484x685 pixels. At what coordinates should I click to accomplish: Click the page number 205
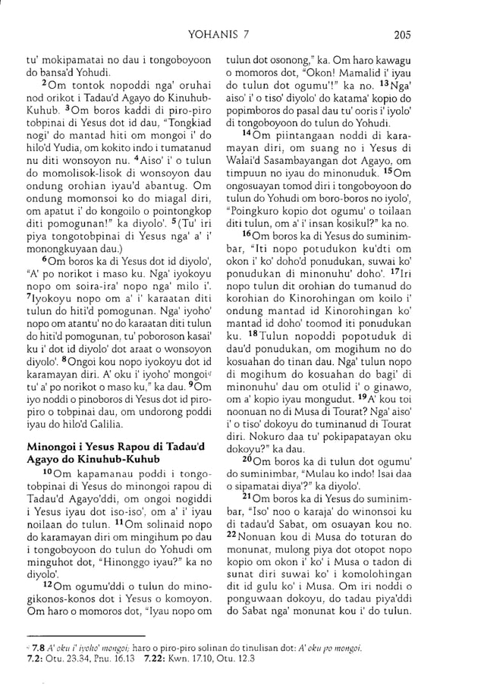pos(446,33)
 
